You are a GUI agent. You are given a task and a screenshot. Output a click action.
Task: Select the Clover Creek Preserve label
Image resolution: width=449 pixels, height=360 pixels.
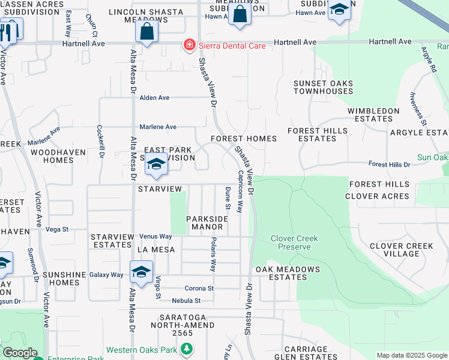pos(294,242)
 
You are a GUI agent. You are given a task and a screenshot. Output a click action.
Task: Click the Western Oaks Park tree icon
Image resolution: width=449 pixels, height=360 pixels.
pos(187,349)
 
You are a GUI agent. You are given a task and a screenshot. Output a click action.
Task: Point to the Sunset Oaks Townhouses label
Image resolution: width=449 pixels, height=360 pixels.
pos(323,87)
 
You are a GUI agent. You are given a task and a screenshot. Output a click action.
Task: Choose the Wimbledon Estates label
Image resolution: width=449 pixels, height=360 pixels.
pos(373,115)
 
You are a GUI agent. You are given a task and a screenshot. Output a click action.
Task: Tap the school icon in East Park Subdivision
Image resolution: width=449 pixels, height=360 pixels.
pos(156,164)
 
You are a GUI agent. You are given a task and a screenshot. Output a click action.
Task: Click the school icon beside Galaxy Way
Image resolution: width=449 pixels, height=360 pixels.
pos(141,272)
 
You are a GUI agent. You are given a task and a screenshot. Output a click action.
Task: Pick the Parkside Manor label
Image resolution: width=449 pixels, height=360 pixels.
pos(207,223)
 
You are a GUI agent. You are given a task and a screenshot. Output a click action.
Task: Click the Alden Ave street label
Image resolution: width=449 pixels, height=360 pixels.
pos(155,97)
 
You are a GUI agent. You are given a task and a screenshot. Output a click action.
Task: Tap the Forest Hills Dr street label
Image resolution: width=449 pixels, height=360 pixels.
pos(389,164)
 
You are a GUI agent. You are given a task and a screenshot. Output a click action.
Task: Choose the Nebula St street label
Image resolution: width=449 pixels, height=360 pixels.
pos(185,301)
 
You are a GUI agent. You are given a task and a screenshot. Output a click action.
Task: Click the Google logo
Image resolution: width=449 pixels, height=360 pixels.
pos(20,353)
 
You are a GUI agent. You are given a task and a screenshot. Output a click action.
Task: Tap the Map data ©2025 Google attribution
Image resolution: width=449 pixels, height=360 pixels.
pos(411,355)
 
